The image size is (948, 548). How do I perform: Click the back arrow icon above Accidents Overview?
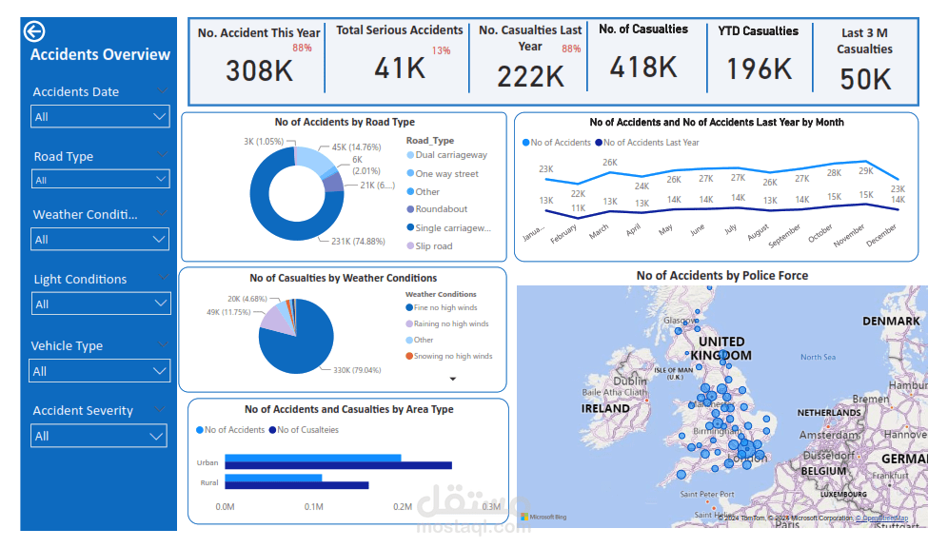34,31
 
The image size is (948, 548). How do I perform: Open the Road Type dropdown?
100,179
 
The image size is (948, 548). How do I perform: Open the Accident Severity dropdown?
100,436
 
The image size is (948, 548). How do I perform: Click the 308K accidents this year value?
258,70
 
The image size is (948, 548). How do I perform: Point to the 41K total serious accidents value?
400,68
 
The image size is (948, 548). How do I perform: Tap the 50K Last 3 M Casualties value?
865,79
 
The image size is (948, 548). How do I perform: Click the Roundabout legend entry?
440,209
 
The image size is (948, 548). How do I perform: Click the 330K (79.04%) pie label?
355,370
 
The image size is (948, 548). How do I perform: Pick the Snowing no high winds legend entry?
452,356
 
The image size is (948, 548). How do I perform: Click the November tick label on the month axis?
849,235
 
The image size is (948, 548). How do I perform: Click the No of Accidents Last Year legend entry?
650,143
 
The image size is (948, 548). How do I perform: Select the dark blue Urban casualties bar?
338,466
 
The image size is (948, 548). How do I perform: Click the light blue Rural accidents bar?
273,478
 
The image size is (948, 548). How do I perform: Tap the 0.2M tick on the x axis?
403,507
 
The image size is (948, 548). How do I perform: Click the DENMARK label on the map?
891,321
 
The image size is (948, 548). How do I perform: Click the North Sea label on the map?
818,357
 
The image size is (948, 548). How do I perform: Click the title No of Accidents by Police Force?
721,276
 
